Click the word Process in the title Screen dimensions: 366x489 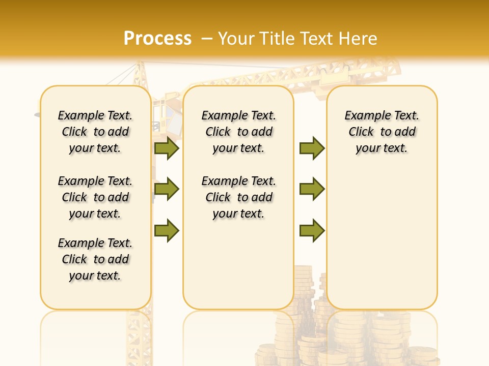tap(157, 38)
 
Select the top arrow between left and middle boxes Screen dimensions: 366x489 tap(167, 148)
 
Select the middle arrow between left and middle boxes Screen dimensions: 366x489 tap(167, 190)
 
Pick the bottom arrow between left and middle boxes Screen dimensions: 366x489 tap(167, 231)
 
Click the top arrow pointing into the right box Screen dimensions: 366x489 tap(312, 148)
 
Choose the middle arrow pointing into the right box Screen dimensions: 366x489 tap(312, 190)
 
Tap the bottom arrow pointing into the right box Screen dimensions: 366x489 tap(312, 231)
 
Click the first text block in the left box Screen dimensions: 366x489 tap(95, 132)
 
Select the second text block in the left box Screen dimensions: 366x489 tap(95, 197)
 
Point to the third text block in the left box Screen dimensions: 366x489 tap(95, 259)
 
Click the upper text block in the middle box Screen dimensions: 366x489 tap(238, 132)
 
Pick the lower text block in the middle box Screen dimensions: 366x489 tap(238, 197)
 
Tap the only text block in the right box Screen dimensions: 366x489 tap(382, 132)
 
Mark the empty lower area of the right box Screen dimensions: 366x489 tap(382, 239)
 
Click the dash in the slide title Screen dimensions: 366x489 tap(207, 38)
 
